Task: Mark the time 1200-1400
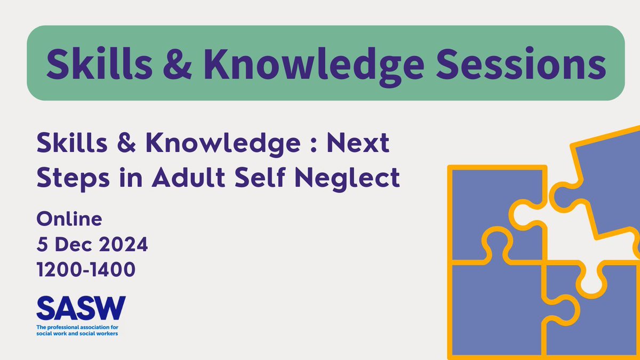[x=86, y=270]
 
